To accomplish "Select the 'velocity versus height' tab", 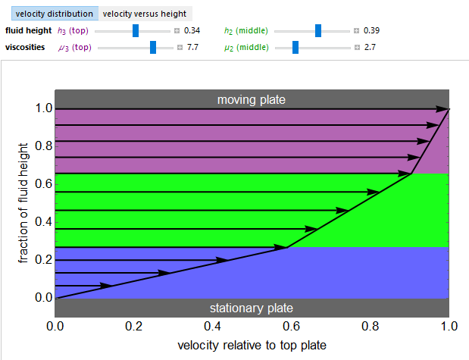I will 145,14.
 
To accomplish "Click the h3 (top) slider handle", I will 136,31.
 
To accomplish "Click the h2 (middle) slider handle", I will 318,31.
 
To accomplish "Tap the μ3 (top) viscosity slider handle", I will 153,47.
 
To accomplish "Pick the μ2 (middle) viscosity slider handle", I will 295,47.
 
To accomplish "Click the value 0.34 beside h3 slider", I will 192,31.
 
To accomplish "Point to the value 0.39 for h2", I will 371,31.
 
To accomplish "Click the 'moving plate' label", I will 252,99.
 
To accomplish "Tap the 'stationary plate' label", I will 252,308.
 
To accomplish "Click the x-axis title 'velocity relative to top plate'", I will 252,346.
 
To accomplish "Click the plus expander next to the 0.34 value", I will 177,31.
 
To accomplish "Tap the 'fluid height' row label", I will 27,31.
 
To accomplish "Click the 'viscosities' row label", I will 25,47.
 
